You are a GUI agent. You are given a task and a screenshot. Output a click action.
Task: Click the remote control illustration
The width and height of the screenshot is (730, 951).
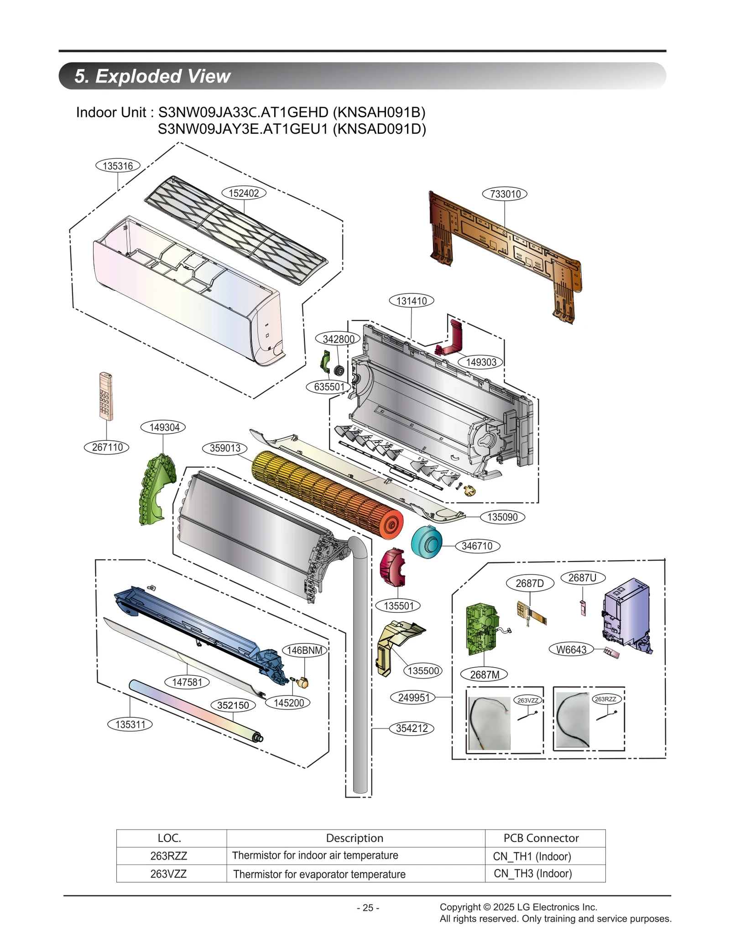106,396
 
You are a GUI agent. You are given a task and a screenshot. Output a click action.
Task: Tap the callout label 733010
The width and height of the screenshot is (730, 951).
505,194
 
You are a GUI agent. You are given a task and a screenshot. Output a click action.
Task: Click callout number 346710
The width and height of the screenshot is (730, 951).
477,546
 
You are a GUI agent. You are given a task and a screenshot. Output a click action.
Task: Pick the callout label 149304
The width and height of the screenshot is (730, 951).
164,428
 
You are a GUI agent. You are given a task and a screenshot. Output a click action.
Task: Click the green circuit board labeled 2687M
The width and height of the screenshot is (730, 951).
481,627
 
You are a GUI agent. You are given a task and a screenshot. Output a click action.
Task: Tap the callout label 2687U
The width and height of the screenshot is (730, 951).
582,578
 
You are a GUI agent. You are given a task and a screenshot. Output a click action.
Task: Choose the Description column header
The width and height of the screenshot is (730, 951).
355,838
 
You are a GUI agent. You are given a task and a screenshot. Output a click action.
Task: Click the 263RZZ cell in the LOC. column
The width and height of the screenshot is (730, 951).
169,856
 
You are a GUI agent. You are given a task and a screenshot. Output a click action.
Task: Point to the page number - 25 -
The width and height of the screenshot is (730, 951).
368,908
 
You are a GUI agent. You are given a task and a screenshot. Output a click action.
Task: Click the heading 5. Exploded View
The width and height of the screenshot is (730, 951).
152,76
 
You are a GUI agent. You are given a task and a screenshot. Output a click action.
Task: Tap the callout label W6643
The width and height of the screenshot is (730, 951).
571,650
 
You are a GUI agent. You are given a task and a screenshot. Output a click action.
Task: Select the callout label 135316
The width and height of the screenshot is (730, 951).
118,166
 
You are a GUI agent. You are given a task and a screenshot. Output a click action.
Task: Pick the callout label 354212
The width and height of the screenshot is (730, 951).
412,728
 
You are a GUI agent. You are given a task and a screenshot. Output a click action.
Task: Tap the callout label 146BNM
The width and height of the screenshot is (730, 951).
305,650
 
